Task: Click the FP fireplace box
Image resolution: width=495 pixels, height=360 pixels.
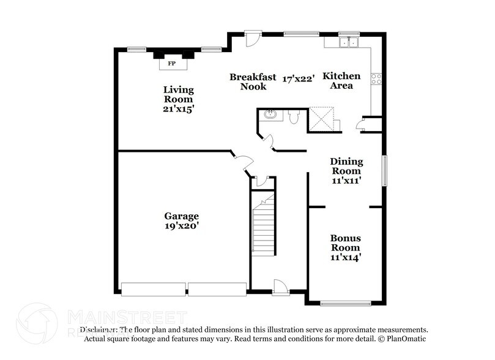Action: (x=172, y=62)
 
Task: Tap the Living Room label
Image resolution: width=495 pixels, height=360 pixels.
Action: (x=178, y=95)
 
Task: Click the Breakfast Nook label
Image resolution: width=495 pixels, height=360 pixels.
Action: (x=248, y=81)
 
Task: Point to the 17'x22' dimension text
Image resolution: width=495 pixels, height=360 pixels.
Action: (x=299, y=78)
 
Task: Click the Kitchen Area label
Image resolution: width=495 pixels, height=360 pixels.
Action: (x=341, y=81)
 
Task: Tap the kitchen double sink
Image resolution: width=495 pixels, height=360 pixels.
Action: (x=349, y=42)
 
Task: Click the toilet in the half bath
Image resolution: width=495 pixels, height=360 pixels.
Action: (x=292, y=117)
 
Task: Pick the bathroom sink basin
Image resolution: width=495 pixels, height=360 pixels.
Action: (x=270, y=114)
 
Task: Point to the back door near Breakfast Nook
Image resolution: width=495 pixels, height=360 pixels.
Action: (x=251, y=39)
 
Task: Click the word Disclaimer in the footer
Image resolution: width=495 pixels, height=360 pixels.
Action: (x=99, y=329)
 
